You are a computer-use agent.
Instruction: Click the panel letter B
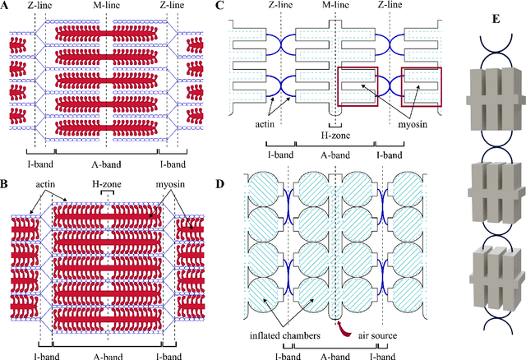point(6,177)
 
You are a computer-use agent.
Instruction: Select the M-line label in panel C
point(336,7)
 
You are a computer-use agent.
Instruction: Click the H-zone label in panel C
point(335,134)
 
